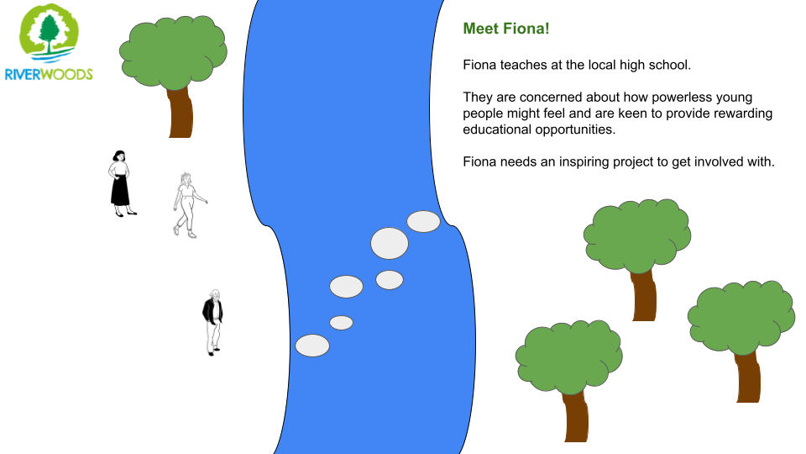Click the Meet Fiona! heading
pyautogui.click(x=506, y=29)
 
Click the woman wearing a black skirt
pyautogui.click(x=122, y=184)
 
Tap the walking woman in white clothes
pyautogui.click(x=189, y=205)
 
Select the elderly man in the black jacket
pyautogui.click(x=212, y=322)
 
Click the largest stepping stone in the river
pyautogui.click(x=390, y=244)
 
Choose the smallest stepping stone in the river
pyautogui.click(x=342, y=323)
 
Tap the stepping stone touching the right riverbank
pyautogui.click(x=423, y=221)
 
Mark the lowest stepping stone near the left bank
pyautogui.click(x=312, y=346)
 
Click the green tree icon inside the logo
pyautogui.click(x=50, y=33)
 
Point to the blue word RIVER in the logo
pyautogui.click(x=22, y=75)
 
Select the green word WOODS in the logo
pyautogui.click(x=67, y=75)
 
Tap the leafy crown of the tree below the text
pyautogui.click(x=637, y=235)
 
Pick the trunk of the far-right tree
pyautogui.click(x=747, y=377)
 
